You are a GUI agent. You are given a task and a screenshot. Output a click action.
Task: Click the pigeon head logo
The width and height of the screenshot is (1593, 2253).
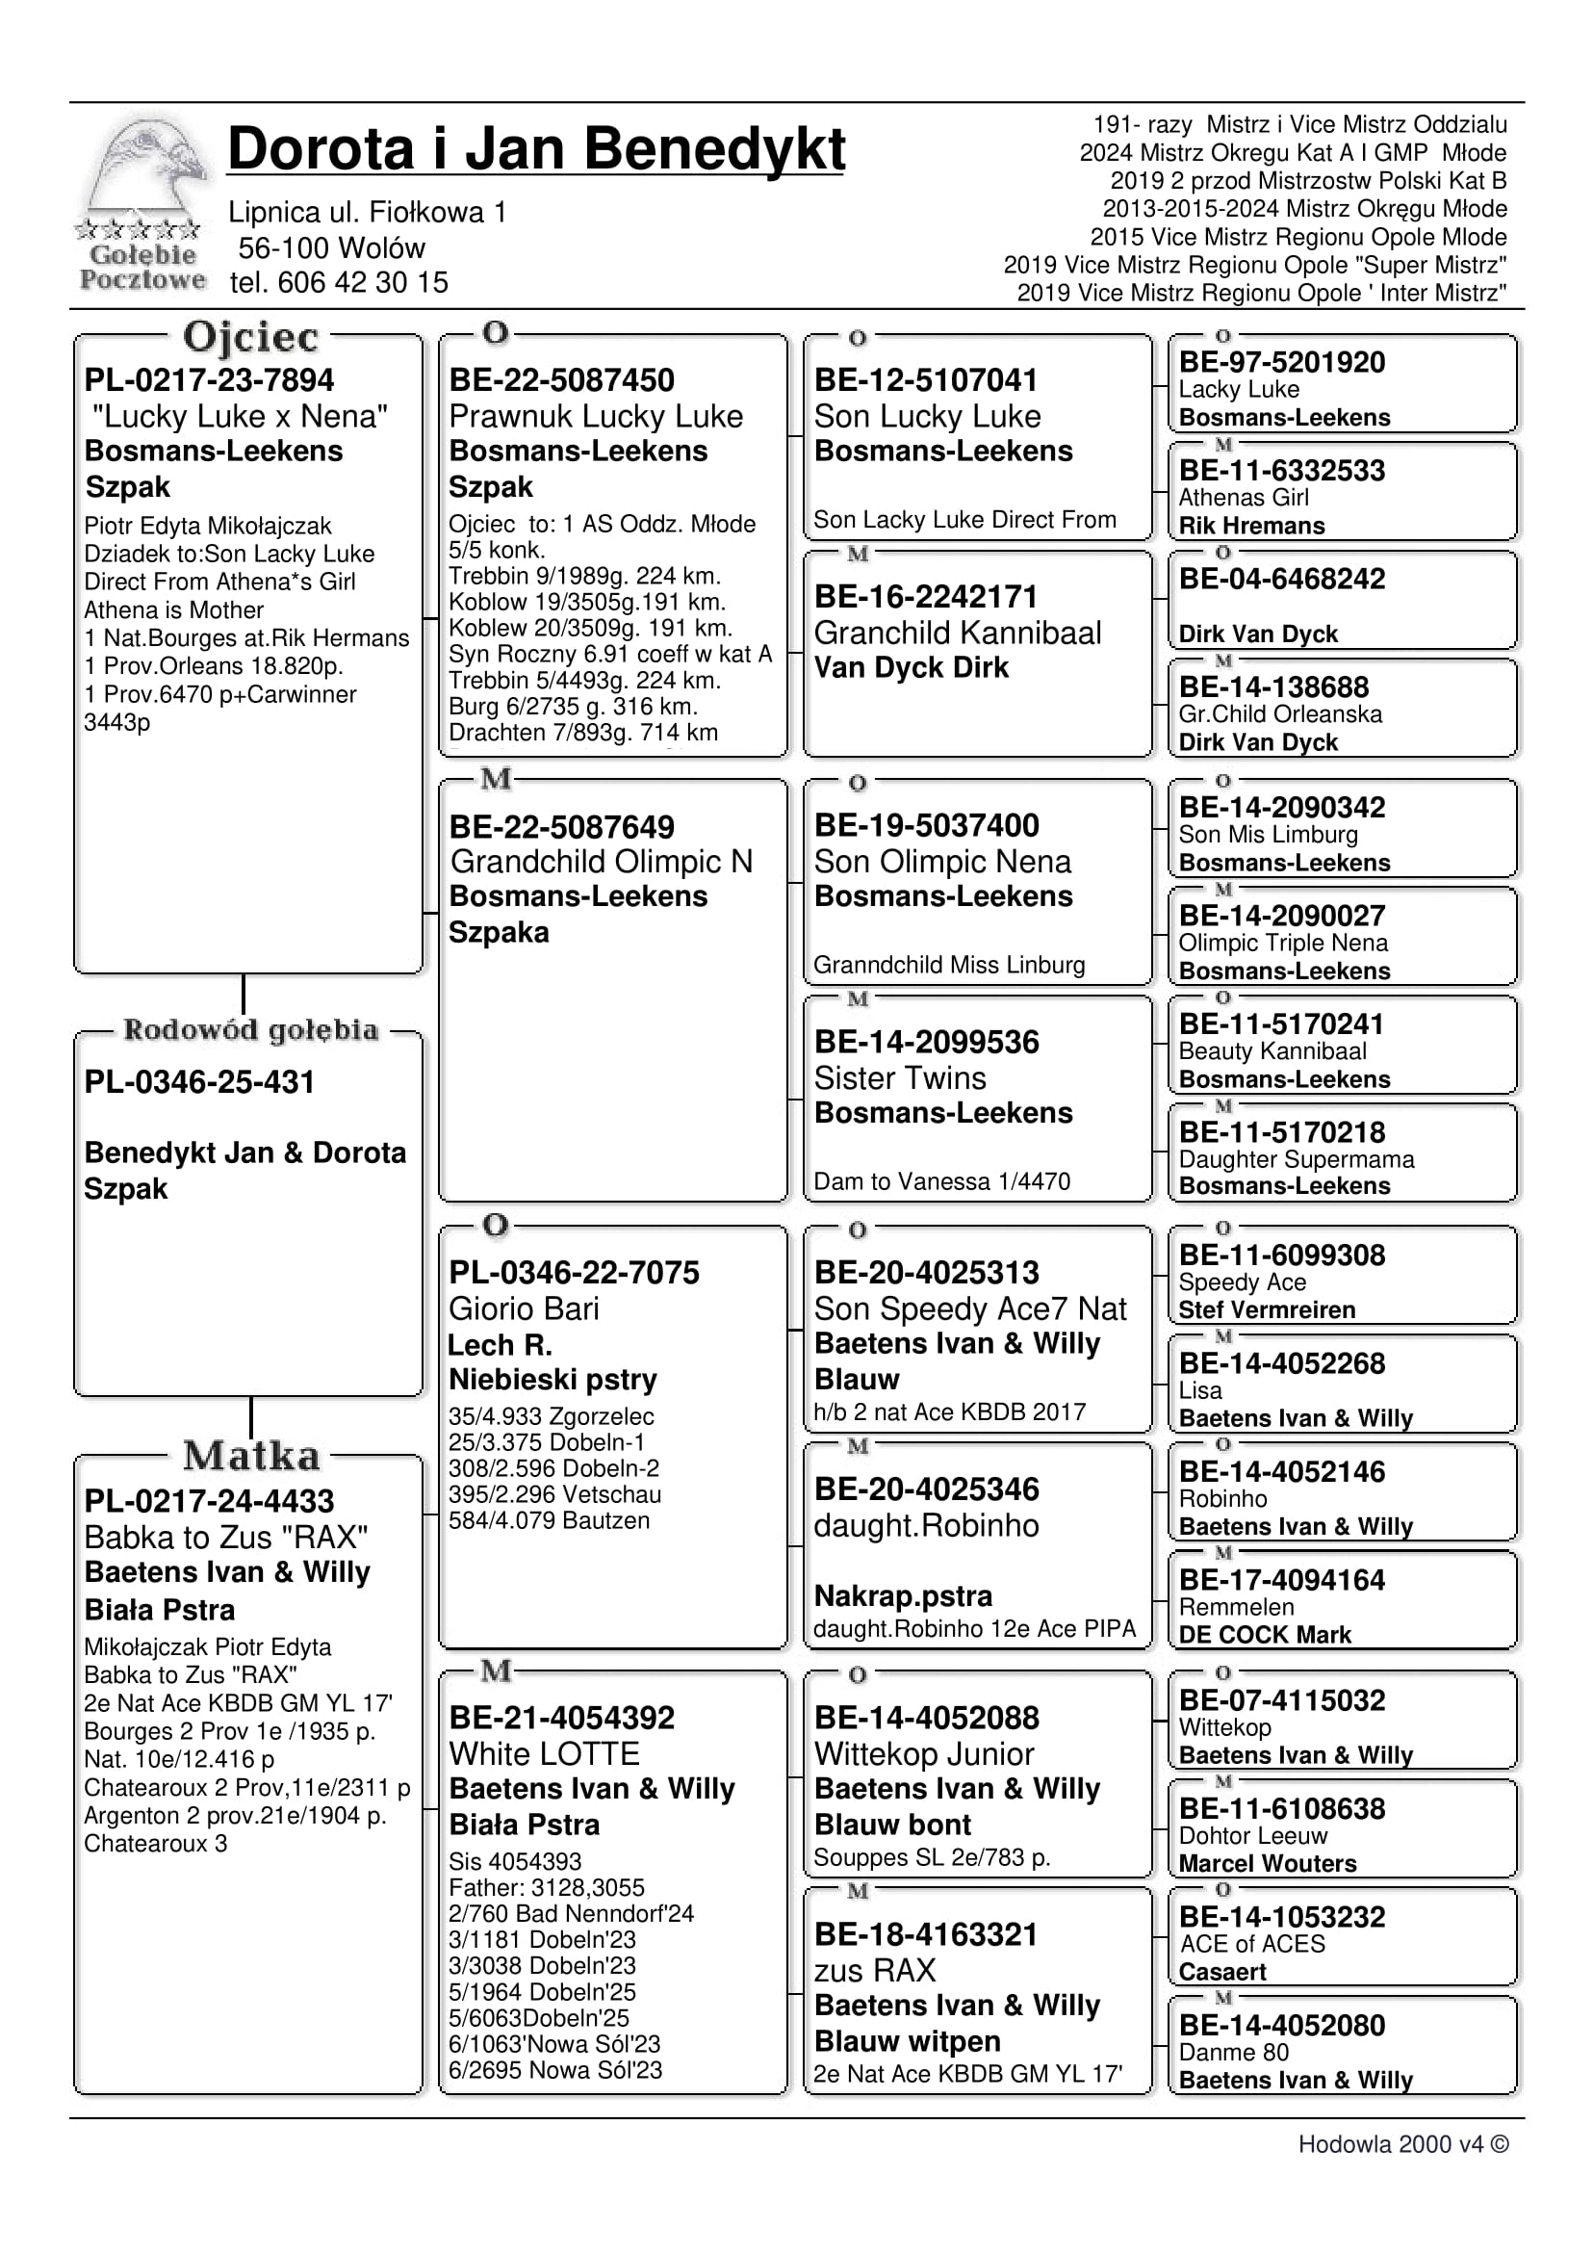click(145, 167)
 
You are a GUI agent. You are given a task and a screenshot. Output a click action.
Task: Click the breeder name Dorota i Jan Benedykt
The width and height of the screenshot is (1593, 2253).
click(535, 149)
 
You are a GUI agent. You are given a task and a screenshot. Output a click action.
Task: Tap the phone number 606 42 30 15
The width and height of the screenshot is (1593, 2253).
click(362, 283)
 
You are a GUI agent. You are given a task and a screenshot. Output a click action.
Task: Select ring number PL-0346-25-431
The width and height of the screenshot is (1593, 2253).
click(199, 1081)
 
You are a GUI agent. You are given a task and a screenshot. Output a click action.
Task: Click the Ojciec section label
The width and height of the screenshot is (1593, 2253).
click(250, 337)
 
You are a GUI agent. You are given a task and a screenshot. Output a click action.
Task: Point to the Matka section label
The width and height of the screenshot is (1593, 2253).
click(250, 1455)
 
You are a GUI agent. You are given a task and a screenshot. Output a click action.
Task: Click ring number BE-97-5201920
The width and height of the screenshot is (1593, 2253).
click(1281, 362)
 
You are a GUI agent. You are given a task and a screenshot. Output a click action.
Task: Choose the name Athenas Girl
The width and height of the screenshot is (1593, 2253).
click(1243, 498)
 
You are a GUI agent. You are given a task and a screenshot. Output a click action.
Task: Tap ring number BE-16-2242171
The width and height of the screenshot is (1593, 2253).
click(925, 597)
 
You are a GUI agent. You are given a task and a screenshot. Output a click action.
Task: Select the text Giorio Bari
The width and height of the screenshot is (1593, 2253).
click(523, 1308)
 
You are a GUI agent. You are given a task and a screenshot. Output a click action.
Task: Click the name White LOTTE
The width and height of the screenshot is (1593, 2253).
click(544, 1753)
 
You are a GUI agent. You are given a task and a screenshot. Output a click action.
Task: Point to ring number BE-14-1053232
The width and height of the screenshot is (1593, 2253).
click(1281, 1916)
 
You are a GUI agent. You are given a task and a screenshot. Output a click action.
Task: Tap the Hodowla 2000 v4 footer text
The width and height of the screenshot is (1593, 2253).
click(1402, 2144)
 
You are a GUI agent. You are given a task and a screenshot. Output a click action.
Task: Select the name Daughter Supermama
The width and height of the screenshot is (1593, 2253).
click(1296, 1159)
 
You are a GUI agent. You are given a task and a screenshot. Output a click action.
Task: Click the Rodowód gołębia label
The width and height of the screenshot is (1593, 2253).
click(250, 1029)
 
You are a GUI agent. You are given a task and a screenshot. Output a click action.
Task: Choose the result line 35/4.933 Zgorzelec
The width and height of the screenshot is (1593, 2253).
click(551, 1416)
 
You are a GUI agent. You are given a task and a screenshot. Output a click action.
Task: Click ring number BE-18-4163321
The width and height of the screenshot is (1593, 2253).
click(925, 1934)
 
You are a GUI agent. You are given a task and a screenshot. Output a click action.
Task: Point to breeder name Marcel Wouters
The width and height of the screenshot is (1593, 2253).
click(1267, 1863)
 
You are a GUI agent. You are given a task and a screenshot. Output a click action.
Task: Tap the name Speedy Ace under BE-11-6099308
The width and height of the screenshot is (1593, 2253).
click(1242, 1282)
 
